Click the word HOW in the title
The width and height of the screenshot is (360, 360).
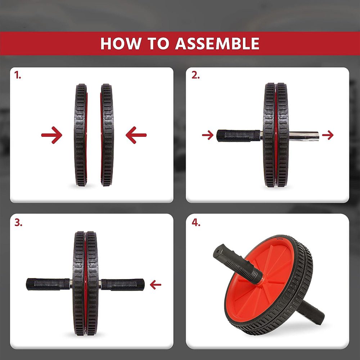point(121,44)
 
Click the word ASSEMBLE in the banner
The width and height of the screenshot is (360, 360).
point(217,44)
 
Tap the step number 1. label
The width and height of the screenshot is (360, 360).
point(18,75)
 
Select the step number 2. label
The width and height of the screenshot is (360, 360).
point(195,75)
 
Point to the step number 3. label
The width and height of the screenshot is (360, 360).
point(18,222)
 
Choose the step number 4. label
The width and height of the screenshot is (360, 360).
point(196,222)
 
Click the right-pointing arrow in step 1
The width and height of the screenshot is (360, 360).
point(51,135)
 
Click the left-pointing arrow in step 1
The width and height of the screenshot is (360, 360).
point(136,135)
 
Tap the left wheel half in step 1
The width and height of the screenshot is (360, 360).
point(81,135)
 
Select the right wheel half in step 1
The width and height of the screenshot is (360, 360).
point(107,135)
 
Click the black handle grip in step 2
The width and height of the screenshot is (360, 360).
point(238,136)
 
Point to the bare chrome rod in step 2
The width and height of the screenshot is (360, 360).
point(304,135)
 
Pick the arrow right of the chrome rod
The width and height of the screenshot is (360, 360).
point(328,135)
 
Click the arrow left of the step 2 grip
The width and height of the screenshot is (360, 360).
point(208,135)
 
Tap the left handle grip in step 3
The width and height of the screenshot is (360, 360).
point(48,284)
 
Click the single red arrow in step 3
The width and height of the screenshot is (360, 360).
point(156,285)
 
